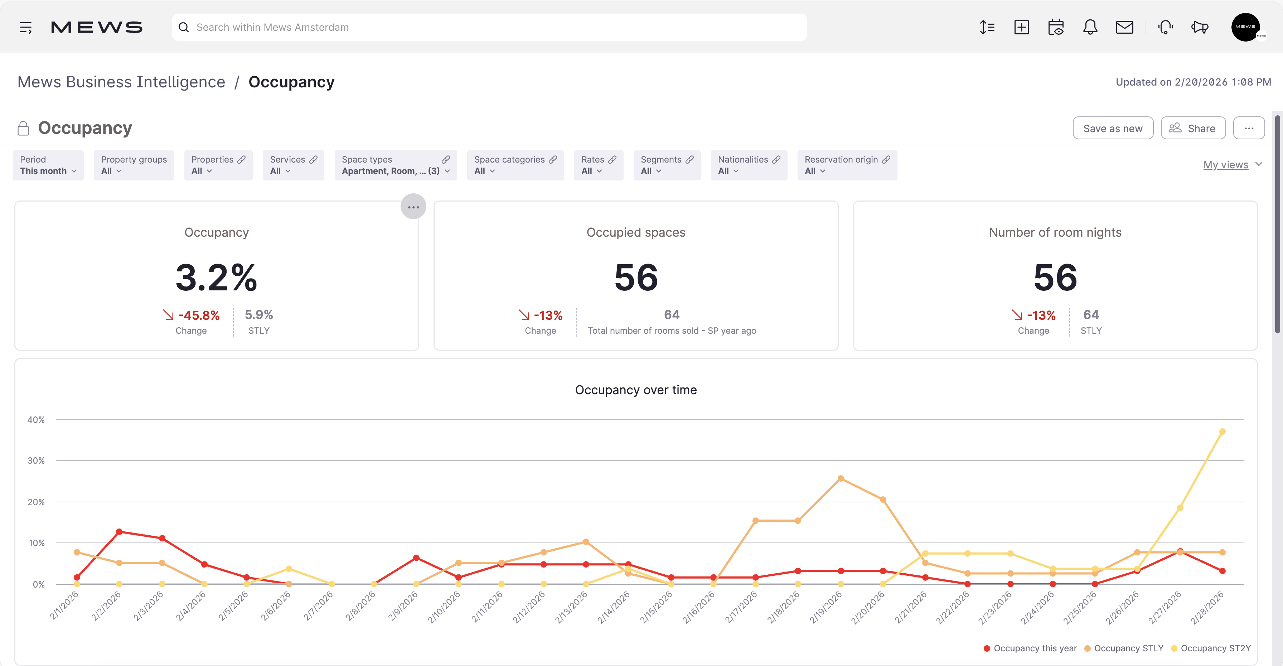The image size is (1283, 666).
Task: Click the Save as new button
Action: point(1112,129)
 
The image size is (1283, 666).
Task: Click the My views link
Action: point(1225,165)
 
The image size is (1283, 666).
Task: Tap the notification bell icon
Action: point(1090,28)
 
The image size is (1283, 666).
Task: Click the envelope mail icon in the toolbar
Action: point(1124,28)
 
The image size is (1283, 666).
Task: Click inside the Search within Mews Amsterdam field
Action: point(488,28)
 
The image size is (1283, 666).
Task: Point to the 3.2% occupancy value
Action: point(216,277)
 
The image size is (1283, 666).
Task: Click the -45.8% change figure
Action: point(198,315)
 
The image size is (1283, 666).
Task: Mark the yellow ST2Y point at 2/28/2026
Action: point(1222,432)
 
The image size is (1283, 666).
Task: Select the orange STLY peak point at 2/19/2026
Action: point(840,479)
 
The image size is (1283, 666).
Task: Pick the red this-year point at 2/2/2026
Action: point(119,532)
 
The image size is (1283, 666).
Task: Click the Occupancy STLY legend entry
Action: point(1128,648)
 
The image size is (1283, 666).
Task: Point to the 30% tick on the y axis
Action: point(36,461)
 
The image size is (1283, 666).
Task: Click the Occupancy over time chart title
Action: point(635,390)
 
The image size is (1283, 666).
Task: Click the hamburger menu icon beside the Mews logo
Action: point(26,28)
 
